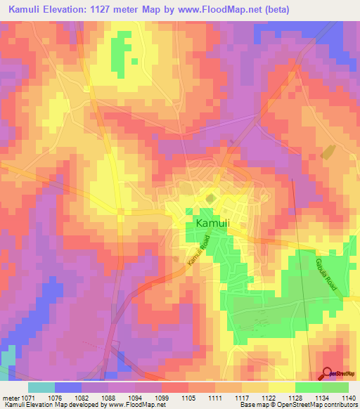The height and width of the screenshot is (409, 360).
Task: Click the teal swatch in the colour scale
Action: pyautogui.click(x=41, y=387)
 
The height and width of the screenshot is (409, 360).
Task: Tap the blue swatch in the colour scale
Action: pyautogui.click(x=67, y=387)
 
